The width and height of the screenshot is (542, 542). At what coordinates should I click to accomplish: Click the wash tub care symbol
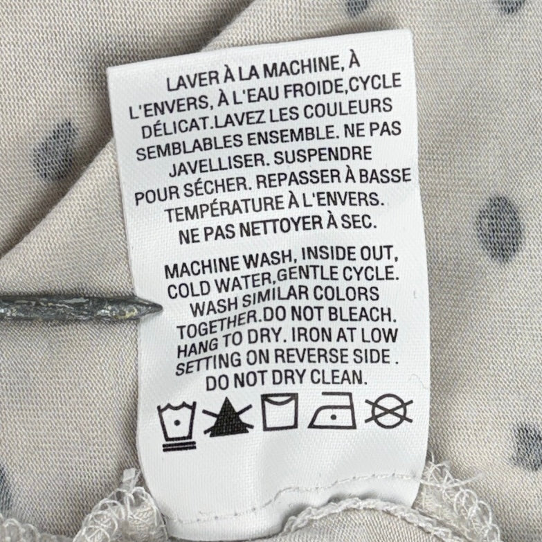(177, 426)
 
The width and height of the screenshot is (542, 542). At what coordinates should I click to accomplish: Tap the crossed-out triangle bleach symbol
(227, 417)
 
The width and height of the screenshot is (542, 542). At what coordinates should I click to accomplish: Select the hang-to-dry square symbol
(280, 412)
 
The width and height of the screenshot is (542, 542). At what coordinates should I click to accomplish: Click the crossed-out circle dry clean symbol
(389, 410)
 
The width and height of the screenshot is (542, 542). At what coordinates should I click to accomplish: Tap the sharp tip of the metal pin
(161, 307)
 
